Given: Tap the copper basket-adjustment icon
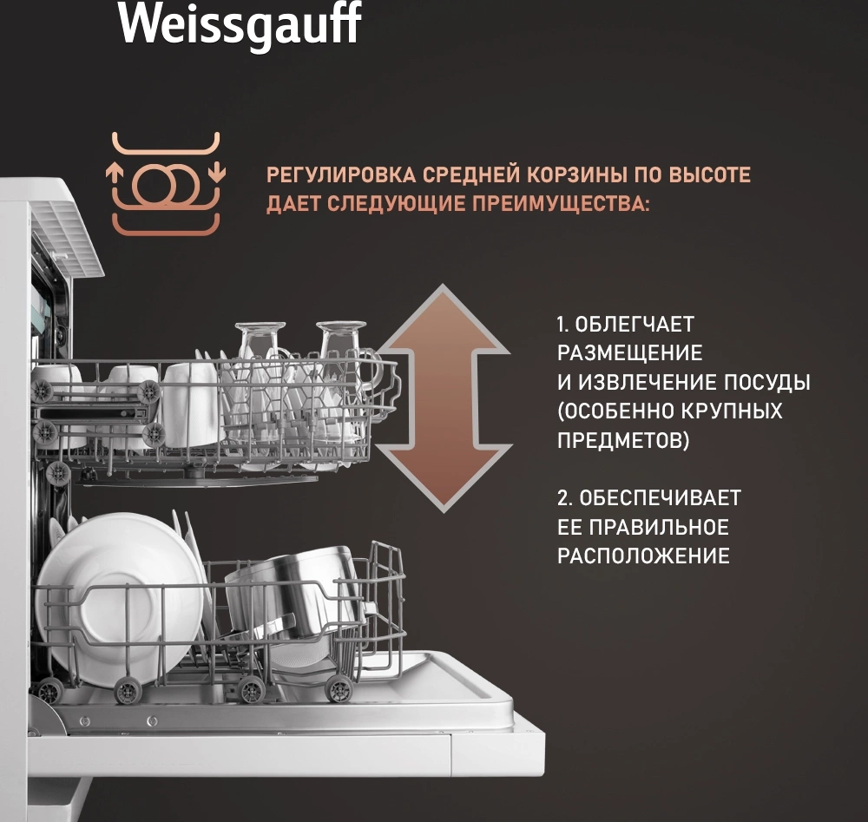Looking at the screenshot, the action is pos(166,183).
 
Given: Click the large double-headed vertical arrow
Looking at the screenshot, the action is pos(444,398).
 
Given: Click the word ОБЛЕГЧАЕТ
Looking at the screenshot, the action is pos(635,325).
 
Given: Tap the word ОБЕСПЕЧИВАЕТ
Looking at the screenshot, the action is pos(660,498).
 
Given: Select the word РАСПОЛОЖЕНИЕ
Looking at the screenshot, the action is pos(643,556).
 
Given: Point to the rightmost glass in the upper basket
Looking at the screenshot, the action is pos(342,365).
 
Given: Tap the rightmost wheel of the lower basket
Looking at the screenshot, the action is pos(339,690).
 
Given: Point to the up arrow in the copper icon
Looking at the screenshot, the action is pos(115,173).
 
